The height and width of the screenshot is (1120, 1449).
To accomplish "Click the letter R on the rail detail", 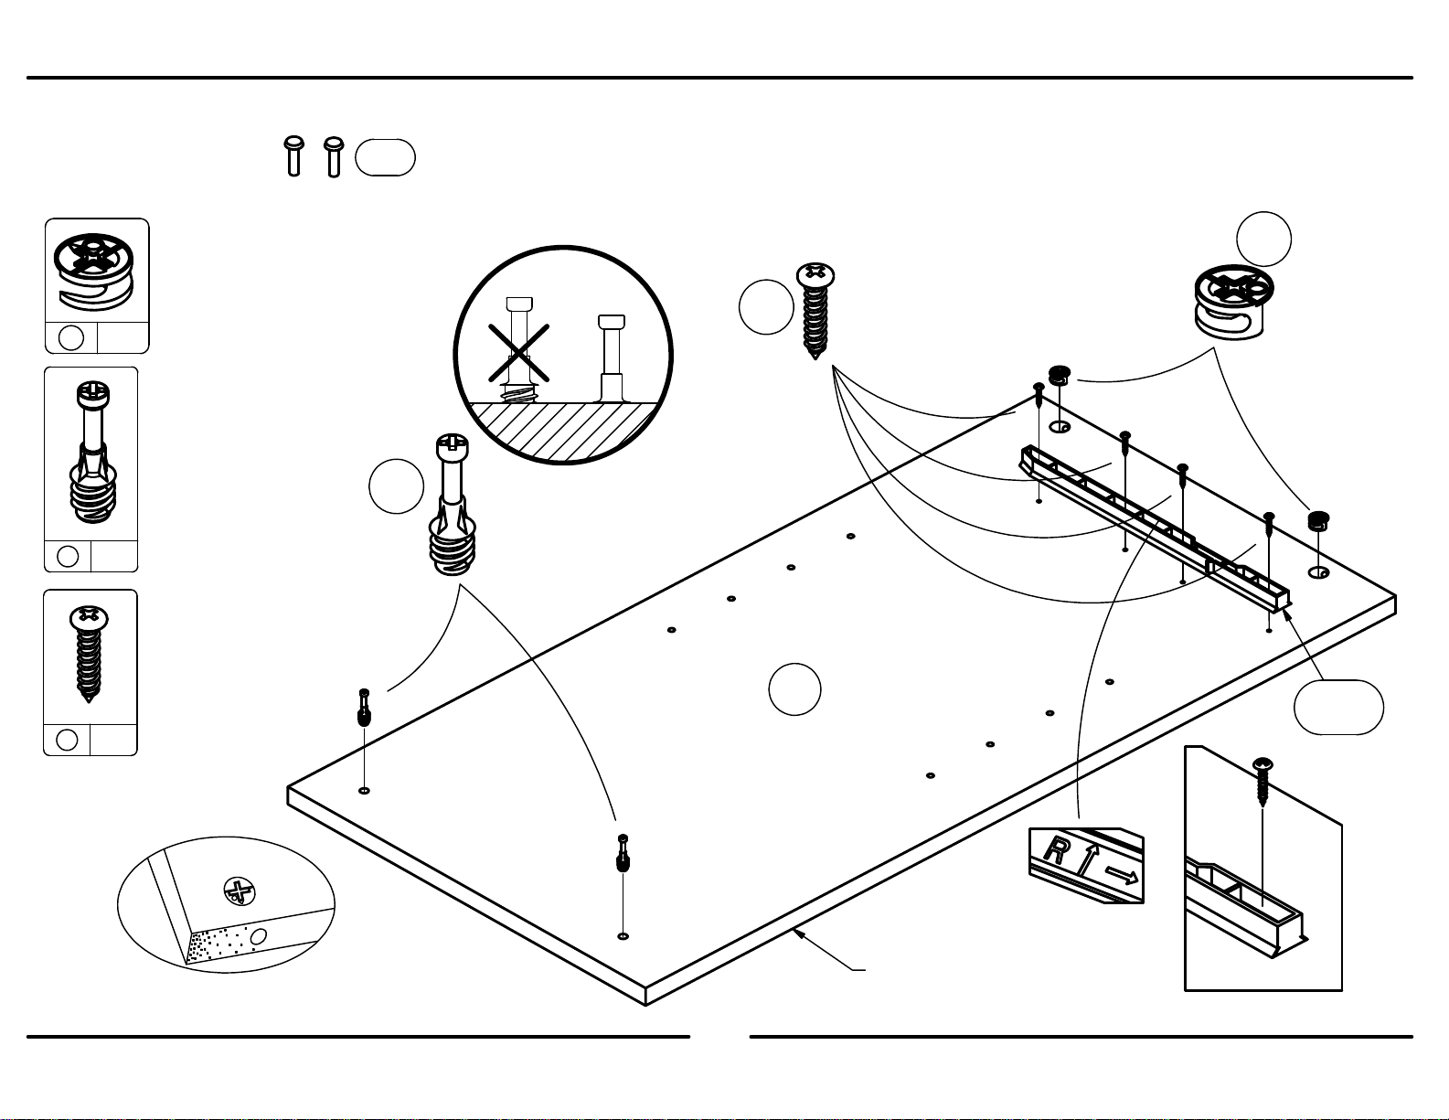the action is [x=1056, y=850].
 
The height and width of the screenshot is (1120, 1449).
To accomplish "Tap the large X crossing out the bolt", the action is [x=518, y=353].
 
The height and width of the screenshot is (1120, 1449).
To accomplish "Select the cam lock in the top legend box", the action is [x=94, y=271].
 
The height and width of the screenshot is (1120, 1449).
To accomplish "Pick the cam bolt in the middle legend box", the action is [x=92, y=452].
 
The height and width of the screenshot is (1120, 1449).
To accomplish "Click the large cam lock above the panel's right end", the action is [x=1233, y=302].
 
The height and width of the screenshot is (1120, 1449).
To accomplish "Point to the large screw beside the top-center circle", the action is [x=815, y=311].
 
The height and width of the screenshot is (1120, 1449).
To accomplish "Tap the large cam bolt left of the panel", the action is [x=453, y=505].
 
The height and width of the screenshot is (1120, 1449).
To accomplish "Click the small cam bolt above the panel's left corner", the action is [x=364, y=708].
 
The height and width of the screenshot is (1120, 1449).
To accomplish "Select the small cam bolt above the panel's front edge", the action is [x=623, y=853].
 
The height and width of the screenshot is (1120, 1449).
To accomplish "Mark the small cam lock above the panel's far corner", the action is [x=1059, y=376].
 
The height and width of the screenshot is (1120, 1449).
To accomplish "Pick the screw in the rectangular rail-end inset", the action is [x=1263, y=782].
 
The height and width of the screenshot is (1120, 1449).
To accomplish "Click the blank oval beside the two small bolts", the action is [x=386, y=157].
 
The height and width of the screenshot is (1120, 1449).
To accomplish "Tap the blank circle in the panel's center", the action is [x=794, y=689].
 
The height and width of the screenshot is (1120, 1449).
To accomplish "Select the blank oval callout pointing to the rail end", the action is [x=1339, y=708].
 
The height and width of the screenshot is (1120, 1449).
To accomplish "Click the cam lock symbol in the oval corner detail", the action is [x=239, y=891].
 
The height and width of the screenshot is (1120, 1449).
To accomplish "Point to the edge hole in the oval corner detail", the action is [x=258, y=936].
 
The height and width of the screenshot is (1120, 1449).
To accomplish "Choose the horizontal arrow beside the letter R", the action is [x=1122, y=875].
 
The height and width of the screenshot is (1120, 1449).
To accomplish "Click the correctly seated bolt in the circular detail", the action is [x=612, y=358].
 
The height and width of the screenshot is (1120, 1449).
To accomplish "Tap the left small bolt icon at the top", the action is [x=294, y=156].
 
